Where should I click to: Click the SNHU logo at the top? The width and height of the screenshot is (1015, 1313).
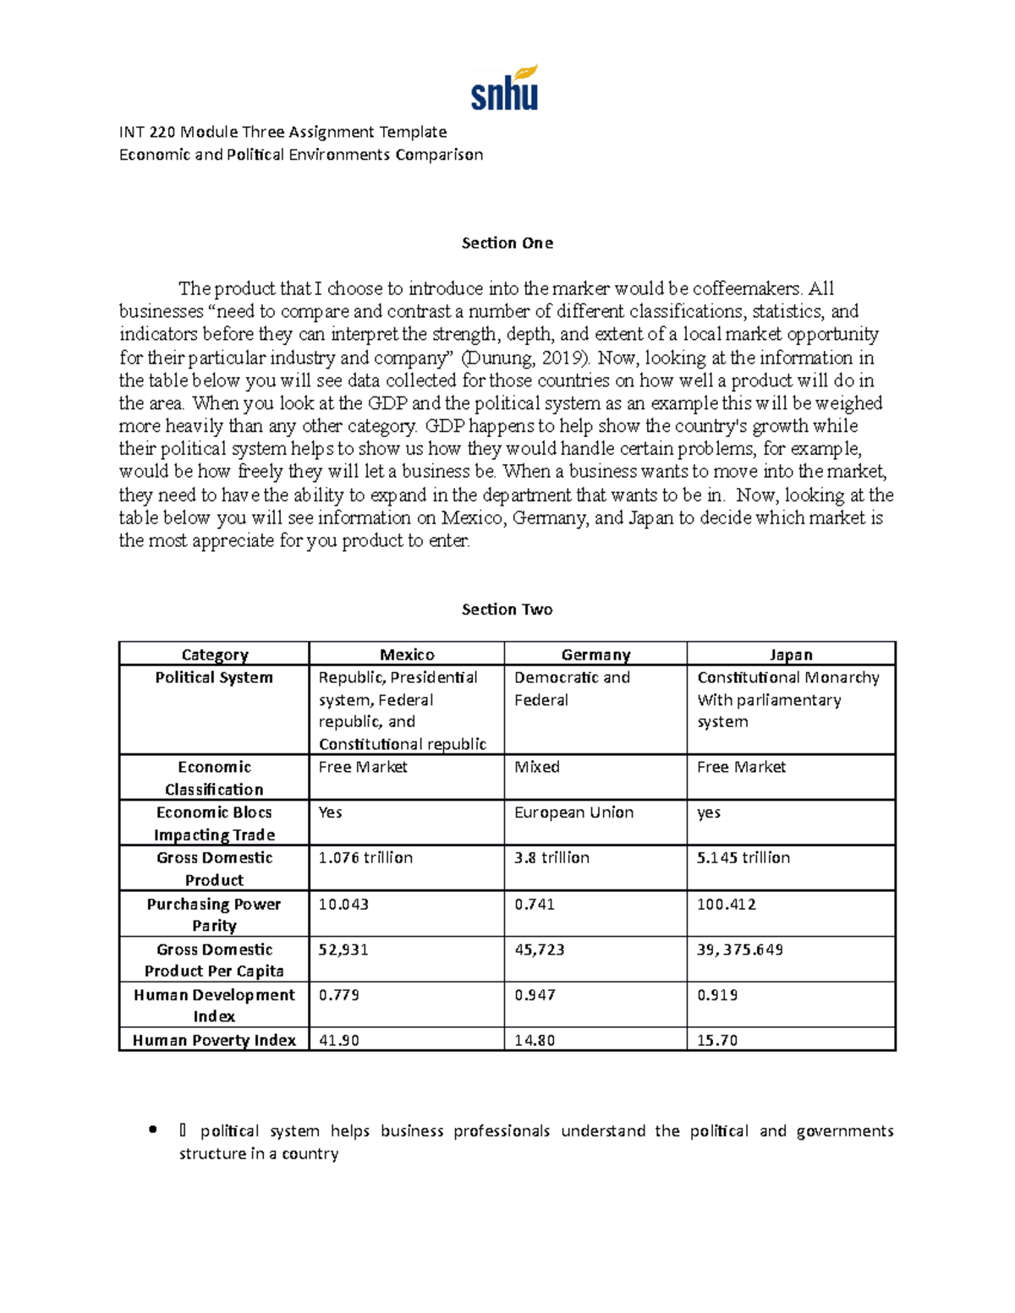[x=504, y=89]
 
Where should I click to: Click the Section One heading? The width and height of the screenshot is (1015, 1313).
[x=507, y=243]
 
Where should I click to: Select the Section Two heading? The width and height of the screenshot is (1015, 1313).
[x=507, y=610]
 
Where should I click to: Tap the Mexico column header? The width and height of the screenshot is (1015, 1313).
[x=407, y=654]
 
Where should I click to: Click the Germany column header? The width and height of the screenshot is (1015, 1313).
[x=595, y=654]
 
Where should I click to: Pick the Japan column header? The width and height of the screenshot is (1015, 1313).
[x=791, y=654]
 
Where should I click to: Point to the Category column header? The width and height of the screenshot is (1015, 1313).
[x=215, y=654]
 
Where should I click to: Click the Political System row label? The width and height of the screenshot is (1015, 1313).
[x=214, y=677]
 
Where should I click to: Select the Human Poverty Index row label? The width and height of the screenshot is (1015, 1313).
[x=214, y=1040]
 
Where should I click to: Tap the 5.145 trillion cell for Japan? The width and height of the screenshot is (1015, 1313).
[x=743, y=857]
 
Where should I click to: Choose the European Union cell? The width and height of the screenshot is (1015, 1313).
[x=573, y=812]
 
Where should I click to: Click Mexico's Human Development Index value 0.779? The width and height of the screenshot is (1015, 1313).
[x=338, y=995]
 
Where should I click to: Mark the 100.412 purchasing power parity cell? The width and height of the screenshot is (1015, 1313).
[x=727, y=904]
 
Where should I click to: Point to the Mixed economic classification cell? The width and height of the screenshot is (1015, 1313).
[x=537, y=767]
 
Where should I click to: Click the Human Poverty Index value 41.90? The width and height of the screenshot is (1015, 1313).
[x=338, y=1040]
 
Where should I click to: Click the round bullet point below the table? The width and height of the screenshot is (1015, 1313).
[x=152, y=1130]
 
